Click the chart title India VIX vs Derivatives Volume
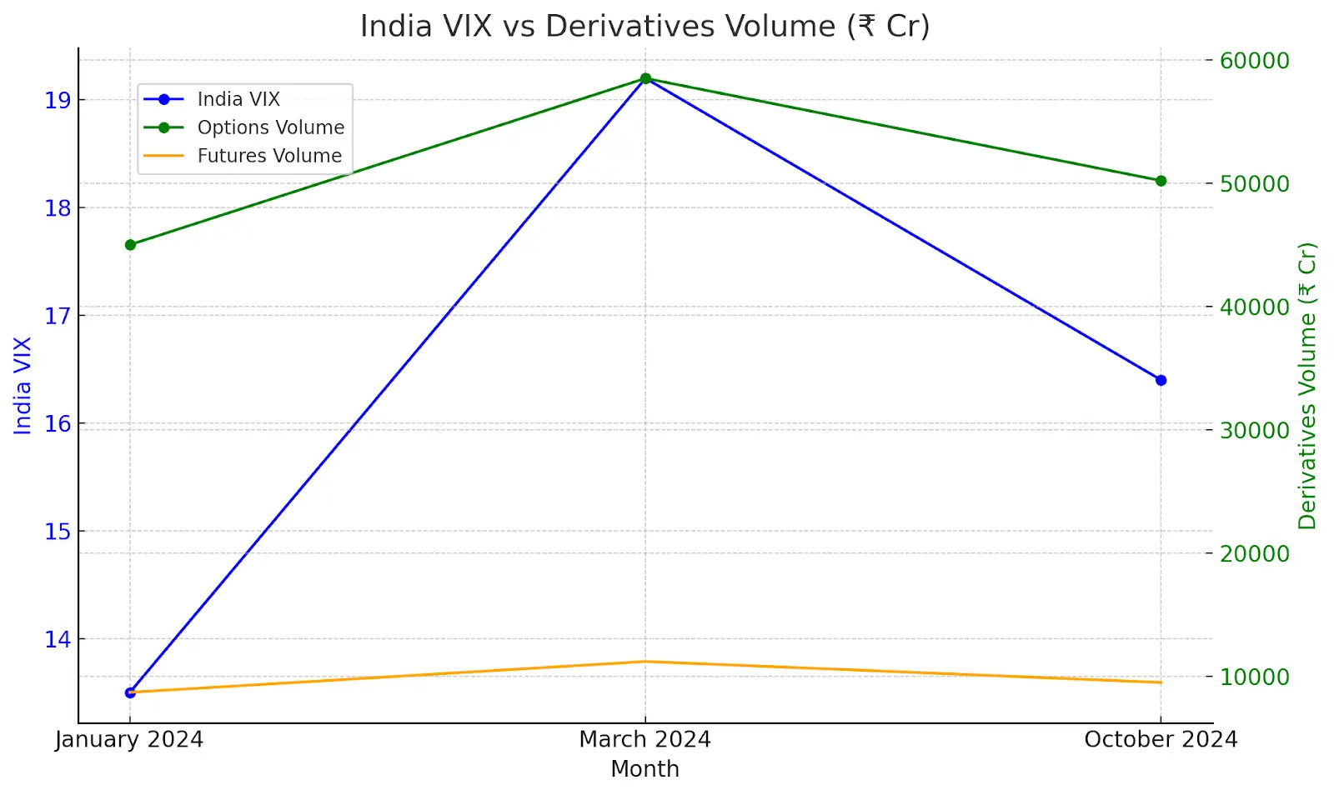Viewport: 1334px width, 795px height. click(644, 26)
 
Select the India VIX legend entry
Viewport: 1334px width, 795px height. click(238, 99)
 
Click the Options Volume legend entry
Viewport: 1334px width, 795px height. click(270, 127)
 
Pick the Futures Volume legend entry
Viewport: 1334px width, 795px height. click(268, 156)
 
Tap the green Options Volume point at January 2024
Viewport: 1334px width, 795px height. click(130, 245)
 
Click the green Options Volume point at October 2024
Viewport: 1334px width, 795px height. click(1161, 181)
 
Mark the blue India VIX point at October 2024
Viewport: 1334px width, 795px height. click(1161, 380)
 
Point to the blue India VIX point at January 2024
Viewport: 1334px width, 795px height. click(130, 692)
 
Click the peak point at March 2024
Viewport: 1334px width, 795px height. click(645, 78)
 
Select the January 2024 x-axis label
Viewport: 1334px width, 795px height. click(129, 739)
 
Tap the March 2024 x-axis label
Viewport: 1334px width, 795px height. click(644, 739)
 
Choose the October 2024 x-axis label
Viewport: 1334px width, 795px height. click(1160, 739)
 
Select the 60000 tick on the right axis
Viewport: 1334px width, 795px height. click(1254, 60)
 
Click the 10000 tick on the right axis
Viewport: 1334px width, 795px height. click(1254, 677)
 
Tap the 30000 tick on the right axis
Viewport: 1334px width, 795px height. click(1254, 430)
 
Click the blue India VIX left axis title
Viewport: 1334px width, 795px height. click(23, 385)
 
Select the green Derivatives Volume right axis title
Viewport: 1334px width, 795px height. click(1306, 385)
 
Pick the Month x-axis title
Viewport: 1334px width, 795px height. click(644, 769)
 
